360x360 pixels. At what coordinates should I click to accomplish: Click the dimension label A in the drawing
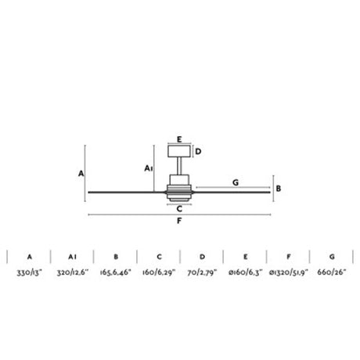click(x=81, y=174)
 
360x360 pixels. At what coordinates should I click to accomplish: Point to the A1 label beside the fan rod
click(x=149, y=168)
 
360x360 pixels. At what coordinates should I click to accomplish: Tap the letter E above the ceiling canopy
click(x=179, y=139)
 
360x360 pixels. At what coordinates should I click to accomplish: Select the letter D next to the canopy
click(x=198, y=152)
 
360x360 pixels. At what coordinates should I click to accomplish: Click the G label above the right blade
click(x=236, y=182)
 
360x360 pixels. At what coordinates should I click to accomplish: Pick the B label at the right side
click(x=279, y=189)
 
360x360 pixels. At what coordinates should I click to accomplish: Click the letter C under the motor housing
click(x=179, y=209)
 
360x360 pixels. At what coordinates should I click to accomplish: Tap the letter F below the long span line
click(x=179, y=221)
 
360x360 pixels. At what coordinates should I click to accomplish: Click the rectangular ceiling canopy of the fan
click(x=179, y=151)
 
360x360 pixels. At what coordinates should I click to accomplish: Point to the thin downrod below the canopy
click(x=179, y=166)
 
